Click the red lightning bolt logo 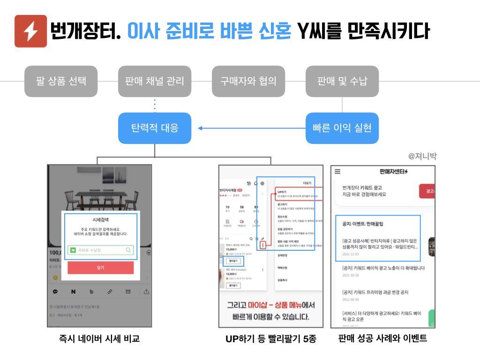30,31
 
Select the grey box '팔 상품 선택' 61,81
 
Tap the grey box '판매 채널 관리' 155,81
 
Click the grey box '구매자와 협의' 248,81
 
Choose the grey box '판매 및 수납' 342,81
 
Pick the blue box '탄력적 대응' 155,128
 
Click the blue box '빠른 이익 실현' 342,128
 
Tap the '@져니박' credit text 422,157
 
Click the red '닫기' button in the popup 100,268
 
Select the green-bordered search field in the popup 100,250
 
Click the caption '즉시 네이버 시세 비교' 99,338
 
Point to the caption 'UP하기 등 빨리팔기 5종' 271,339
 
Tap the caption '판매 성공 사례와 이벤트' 382,338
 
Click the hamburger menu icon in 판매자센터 337,172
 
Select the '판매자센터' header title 393,172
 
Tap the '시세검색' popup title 100,219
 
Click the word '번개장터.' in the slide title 86,31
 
